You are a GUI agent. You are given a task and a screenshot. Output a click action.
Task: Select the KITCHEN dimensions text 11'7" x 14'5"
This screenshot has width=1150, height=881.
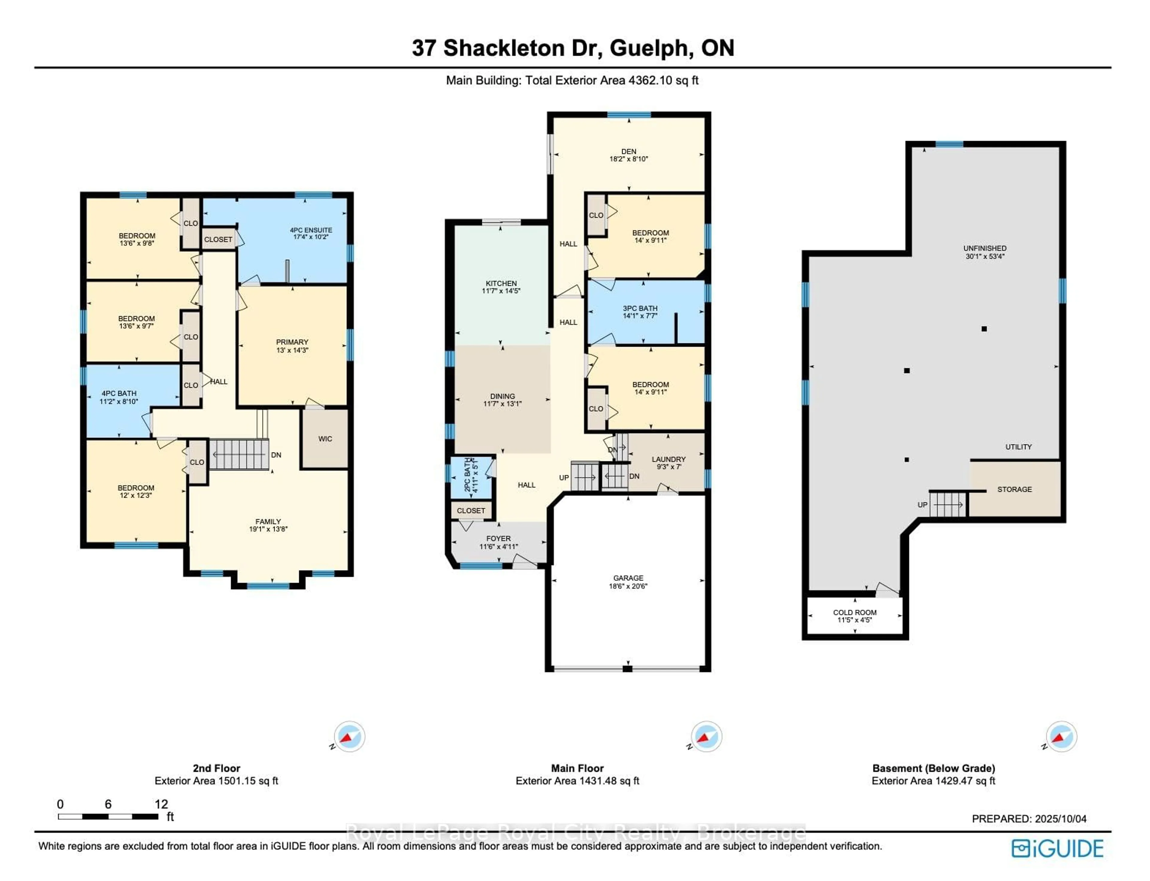coord(501,291)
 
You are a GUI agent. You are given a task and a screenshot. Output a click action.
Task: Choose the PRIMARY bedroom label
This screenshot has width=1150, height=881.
coord(292,342)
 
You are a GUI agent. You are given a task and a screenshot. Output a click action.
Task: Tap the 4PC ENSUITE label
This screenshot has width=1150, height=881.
coord(311,230)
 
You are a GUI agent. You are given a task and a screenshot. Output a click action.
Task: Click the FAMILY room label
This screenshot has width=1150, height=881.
coord(268,521)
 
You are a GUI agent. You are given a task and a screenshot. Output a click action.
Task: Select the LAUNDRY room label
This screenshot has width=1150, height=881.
coord(668,459)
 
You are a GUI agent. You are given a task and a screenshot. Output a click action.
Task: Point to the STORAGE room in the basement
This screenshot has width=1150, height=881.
coord(1014,489)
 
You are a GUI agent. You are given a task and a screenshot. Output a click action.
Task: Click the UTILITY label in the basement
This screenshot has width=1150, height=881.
coord(1019,447)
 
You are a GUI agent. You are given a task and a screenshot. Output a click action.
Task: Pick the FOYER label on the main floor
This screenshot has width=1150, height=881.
coord(498,538)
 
